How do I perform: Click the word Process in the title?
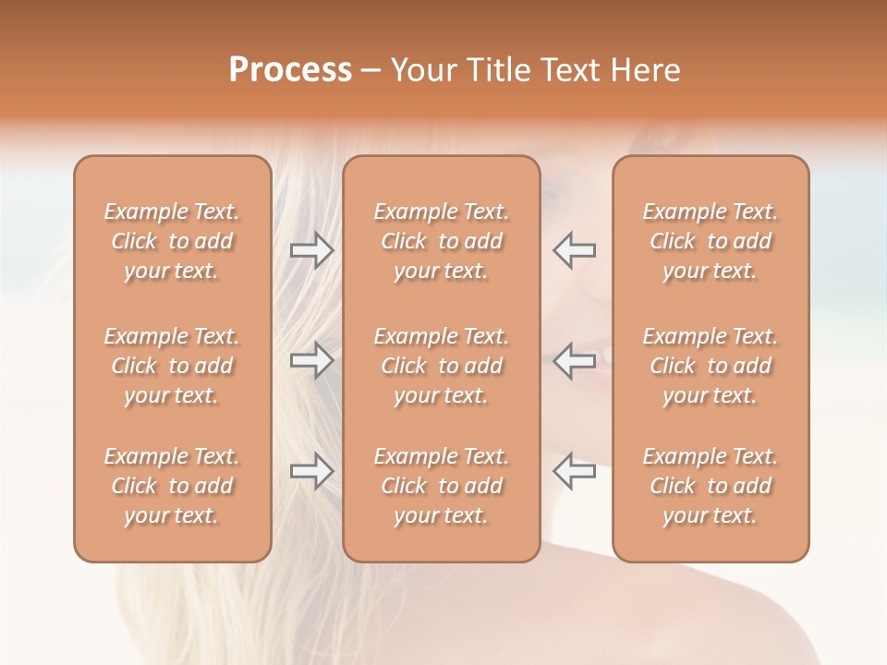click(290, 70)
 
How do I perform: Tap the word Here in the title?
click(648, 70)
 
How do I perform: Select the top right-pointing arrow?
click(311, 250)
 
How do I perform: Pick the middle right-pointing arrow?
click(311, 360)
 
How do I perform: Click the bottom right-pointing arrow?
click(311, 471)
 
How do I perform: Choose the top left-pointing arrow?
click(575, 250)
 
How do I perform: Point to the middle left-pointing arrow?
click(575, 360)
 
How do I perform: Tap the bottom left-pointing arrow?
click(575, 471)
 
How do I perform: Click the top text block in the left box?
click(172, 241)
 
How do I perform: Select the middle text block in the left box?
click(172, 366)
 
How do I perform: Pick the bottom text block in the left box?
click(172, 486)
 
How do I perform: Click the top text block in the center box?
click(442, 241)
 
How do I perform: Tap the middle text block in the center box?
click(442, 366)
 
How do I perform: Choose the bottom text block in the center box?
click(442, 486)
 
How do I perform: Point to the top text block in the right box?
click(711, 241)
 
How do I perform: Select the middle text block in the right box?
click(711, 366)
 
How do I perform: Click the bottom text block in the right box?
click(711, 486)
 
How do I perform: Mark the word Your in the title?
click(424, 70)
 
